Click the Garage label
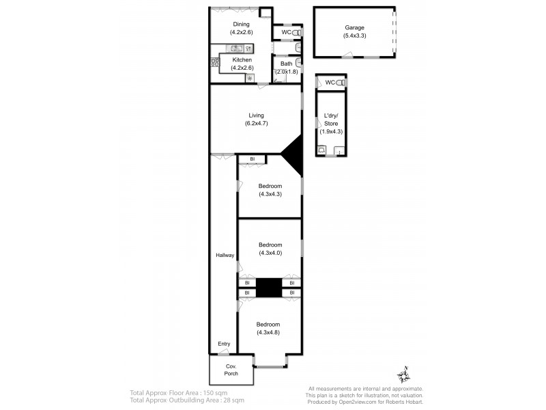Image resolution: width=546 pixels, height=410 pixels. point(354,28)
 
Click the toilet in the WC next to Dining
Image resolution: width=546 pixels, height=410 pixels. point(296,32)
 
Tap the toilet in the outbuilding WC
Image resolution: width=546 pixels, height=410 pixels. point(343,83)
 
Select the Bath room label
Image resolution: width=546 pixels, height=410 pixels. point(286,64)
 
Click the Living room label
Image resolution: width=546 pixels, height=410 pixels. point(256,115)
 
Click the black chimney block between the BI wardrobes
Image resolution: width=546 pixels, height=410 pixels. point(269,288)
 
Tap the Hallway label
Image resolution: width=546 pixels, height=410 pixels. point(225,256)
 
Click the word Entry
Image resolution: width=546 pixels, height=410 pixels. point(224,344)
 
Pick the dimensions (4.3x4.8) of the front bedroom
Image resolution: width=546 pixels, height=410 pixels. point(269,333)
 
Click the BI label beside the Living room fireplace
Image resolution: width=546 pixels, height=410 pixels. point(252,159)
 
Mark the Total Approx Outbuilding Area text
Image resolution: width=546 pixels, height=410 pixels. point(186,400)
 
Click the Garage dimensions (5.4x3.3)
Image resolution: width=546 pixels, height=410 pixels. point(354,36)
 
